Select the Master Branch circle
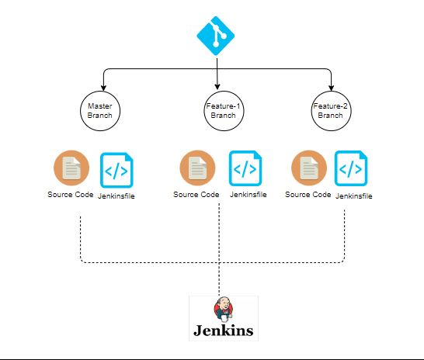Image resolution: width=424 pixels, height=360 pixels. tap(100, 109)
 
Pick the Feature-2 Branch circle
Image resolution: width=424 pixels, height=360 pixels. tap(330, 109)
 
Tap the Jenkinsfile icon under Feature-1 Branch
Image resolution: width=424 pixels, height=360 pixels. tap(245, 168)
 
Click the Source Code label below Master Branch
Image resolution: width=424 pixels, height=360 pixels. tap(70, 194)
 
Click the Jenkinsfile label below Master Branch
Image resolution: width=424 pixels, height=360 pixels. tap(116, 196)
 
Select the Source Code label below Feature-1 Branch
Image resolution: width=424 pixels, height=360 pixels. tap(196, 194)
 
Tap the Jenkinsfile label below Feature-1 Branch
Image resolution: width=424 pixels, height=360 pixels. tap(248, 194)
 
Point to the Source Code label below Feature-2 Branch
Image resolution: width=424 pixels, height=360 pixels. tap(308, 194)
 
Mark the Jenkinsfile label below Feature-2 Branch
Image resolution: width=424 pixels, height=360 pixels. tap(353, 196)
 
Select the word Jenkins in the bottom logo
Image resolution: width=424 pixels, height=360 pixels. tap(224, 331)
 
